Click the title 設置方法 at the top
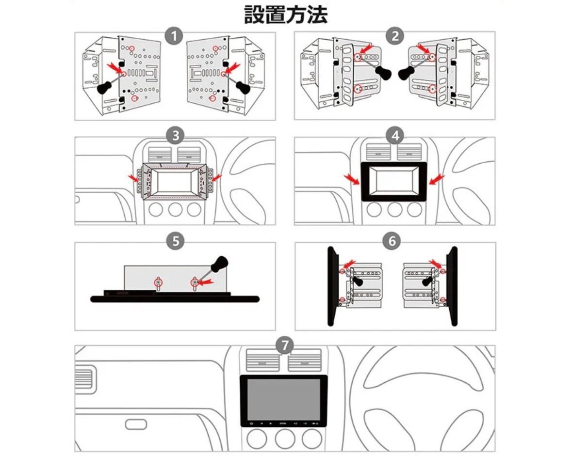285,15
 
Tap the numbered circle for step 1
174,36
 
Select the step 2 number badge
395,36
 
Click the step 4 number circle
395,136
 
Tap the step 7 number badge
285,345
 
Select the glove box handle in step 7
136,424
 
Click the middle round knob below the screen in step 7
285,439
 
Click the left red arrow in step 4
353,179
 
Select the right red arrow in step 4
437,179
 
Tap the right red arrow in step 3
216,177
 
